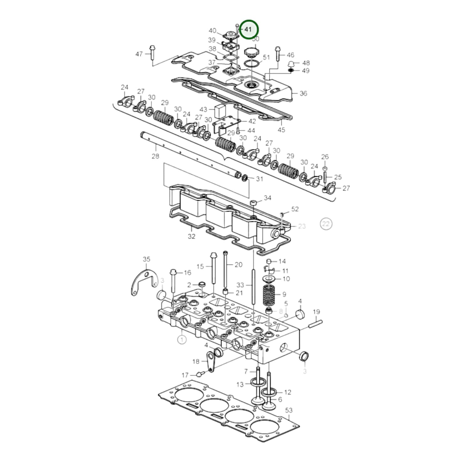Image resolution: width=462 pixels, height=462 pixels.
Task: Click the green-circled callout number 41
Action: [x=249, y=29]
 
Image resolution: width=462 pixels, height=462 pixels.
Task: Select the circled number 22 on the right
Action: [x=326, y=224]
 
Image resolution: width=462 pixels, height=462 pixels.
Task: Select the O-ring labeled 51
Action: [x=252, y=64]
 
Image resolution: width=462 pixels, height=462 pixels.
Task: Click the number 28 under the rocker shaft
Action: [x=155, y=156]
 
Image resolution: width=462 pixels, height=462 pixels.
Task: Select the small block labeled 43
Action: [x=220, y=110]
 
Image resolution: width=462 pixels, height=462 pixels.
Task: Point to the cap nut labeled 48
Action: [x=291, y=63]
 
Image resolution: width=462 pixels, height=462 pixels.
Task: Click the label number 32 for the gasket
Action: [x=191, y=236]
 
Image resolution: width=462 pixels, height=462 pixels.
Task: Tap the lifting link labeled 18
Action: [x=210, y=361]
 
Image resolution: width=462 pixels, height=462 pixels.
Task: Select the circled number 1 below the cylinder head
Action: [x=182, y=339]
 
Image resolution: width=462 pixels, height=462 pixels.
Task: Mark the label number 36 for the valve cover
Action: [x=303, y=93]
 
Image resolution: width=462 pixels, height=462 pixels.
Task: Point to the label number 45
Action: [x=281, y=130]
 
